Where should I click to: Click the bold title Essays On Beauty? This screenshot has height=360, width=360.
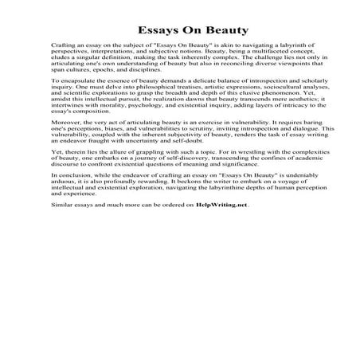179,31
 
